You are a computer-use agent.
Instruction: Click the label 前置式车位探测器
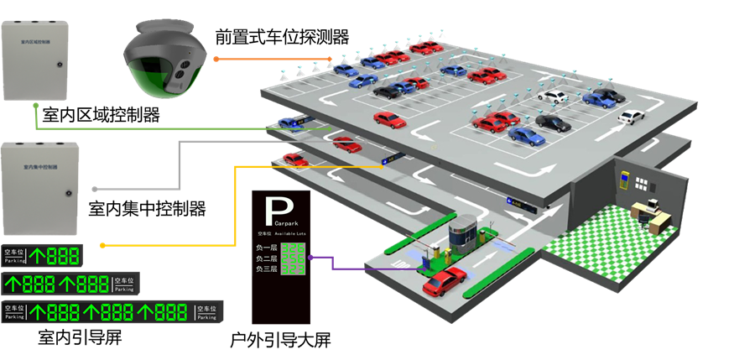(281, 37)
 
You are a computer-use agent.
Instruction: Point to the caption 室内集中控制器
(146, 208)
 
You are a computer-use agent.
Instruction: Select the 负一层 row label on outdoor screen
(266, 248)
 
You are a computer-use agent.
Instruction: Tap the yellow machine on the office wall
(623, 180)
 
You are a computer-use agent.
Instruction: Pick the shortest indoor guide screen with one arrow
(42, 256)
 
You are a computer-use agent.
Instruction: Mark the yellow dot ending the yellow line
(102, 245)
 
